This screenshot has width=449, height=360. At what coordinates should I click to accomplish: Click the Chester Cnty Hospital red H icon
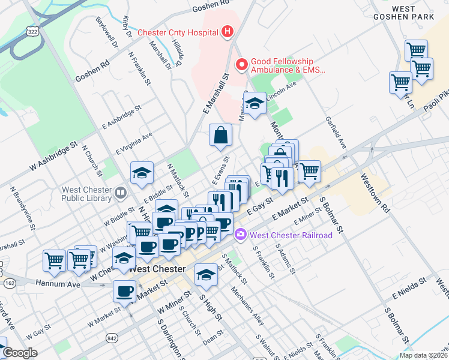click(227, 32)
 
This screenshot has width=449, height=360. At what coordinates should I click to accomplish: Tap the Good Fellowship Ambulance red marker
click(242, 64)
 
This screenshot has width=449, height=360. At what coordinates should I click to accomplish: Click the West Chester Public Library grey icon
click(121, 193)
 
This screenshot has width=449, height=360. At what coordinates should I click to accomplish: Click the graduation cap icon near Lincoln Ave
click(255, 104)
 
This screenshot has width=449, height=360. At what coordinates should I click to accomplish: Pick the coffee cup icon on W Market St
click(124, 291)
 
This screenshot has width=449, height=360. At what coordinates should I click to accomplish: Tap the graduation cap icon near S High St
click(206, 275)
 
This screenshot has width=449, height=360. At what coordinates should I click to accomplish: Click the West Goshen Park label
click(412, 13)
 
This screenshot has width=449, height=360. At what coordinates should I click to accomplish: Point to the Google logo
click(20, 353)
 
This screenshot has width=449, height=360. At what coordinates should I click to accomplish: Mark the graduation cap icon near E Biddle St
click(142, 173)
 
